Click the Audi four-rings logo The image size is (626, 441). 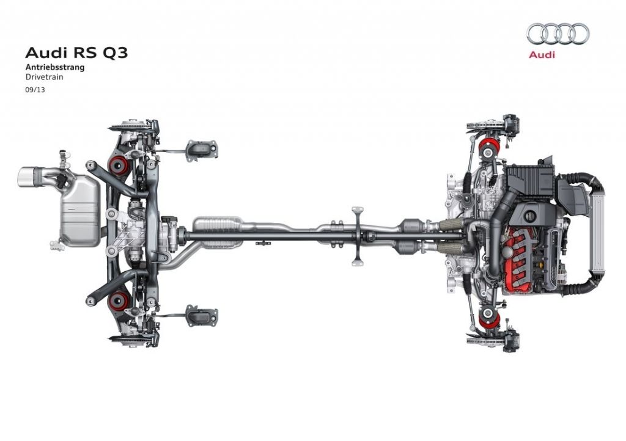558,34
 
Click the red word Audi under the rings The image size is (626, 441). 542,54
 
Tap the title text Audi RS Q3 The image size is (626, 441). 76,53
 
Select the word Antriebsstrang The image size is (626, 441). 55,67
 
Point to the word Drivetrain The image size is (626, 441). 44,77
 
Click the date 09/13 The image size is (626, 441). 35,90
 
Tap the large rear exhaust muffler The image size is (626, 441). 80,210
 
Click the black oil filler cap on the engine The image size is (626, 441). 530,216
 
